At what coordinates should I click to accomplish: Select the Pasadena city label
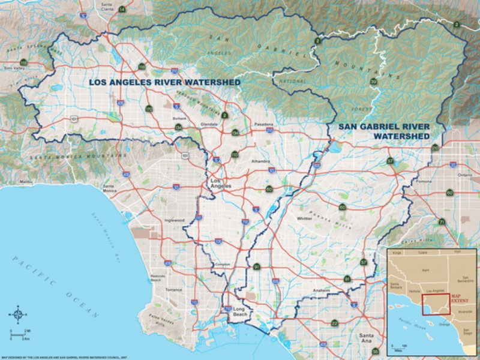pos(266,124)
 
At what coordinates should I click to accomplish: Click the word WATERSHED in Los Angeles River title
pos(209,82)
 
